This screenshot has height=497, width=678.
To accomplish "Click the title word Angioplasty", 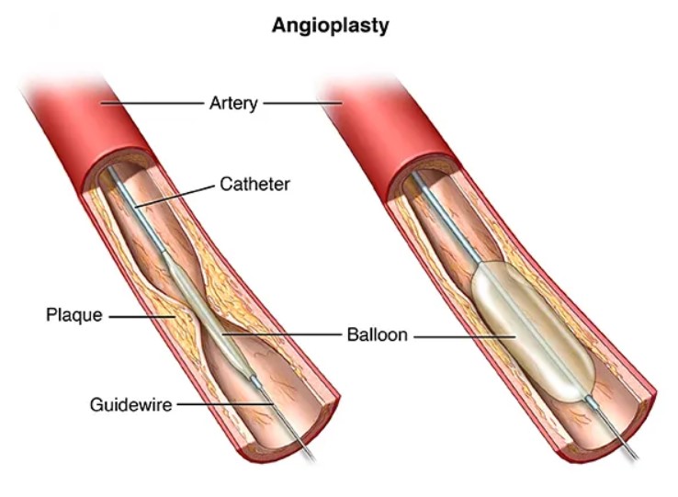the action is (x=331, y=27).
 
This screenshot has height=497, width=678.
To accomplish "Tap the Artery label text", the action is (x=233, y=104).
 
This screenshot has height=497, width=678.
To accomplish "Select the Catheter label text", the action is (x=254, y=185).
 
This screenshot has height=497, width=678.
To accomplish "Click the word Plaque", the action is (x=74, y=315).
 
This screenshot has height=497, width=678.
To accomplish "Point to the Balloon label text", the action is (x=377, y=334).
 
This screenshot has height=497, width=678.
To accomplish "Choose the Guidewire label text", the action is (x=131, y=405).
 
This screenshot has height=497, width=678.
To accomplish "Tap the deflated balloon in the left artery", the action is (x=207, y=315).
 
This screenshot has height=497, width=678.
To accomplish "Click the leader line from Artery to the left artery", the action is (x=152, y=103).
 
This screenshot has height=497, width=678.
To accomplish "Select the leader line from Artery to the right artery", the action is (x=302, y=103).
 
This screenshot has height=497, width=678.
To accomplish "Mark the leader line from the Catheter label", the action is (x=175, y=197).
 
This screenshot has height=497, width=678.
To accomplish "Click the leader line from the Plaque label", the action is (x=141, y=317).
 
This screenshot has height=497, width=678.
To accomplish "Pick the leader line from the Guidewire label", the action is (x=225, y=404).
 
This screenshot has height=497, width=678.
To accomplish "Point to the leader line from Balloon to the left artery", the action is (x=281, y=333).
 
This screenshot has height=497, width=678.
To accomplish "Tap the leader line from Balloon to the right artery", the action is (x=465, y=336).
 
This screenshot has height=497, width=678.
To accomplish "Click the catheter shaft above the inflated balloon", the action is (x=445, y=217).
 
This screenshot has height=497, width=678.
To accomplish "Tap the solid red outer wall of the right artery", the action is (x=380, y=126).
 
